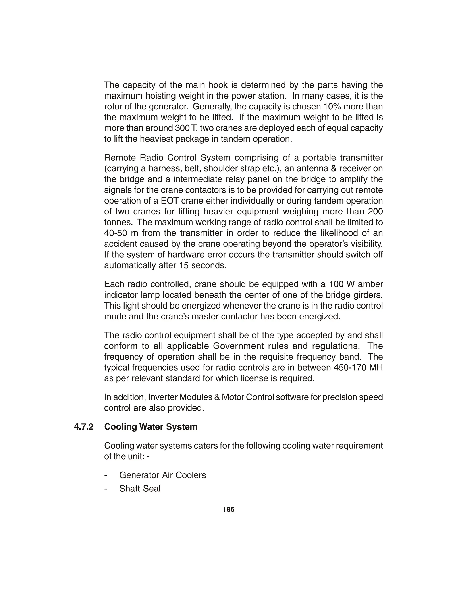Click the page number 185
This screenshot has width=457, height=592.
coord(228,509)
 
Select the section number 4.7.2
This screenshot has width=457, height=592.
coord(84,427)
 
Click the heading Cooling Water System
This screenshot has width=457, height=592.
coord(151,427)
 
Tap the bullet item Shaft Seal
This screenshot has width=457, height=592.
coord(140,488)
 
